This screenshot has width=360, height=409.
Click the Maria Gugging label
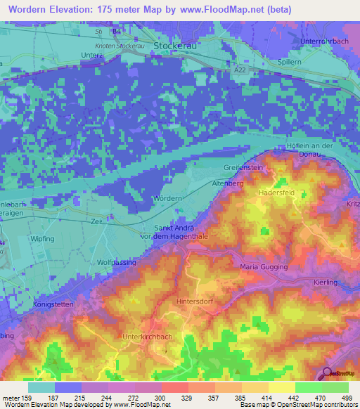pos(264,267)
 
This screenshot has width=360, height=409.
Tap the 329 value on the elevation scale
pos(176,398)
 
